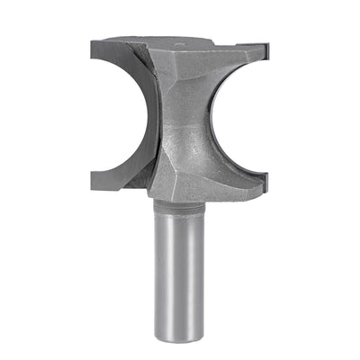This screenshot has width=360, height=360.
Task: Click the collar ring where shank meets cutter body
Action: (180, 204)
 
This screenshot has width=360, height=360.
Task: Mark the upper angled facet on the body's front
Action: (180, 72)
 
